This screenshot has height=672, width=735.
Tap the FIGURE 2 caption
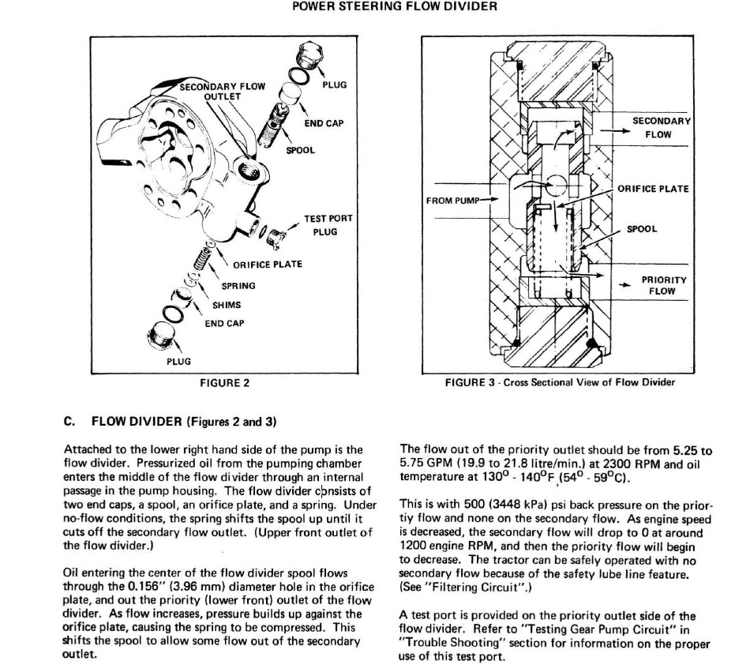tap(225, 383)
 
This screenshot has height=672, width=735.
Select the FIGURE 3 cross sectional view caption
tap(560, 383)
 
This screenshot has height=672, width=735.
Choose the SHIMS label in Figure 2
tap(227, 305)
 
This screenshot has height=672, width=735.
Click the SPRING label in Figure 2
tap(238, 285)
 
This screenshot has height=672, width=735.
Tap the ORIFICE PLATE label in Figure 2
tap(267, 265)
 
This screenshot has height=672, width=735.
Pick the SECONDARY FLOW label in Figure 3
tap(662, 128)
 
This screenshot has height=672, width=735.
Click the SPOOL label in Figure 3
tap(641, 230)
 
